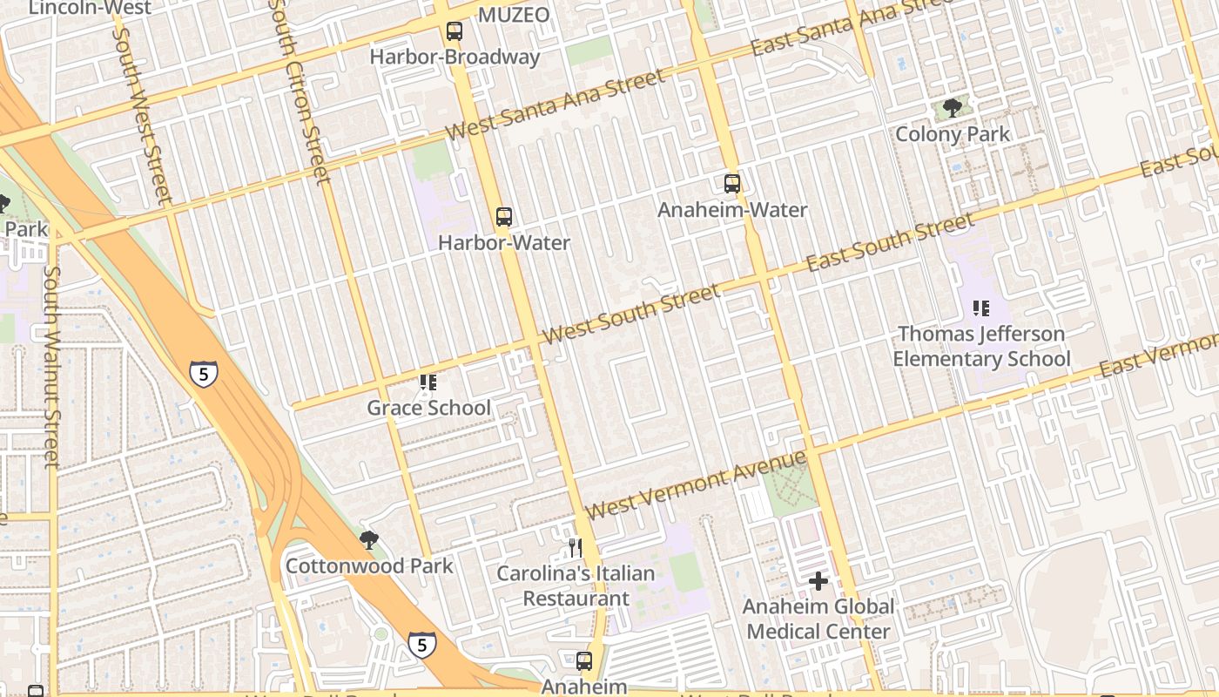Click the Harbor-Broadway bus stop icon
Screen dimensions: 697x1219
tap(455, 32)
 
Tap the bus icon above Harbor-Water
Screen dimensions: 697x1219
tap(503, 217)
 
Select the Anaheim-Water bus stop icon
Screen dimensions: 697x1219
tap(732, 184)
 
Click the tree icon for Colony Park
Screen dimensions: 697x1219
tap(953, 108)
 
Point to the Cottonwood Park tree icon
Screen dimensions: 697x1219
tap(369, 540)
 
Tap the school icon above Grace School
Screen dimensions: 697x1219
tap(428, 382)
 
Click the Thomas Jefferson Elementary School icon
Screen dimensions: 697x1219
tap(981, 308)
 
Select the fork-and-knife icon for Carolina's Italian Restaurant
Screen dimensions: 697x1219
tap(575, 547)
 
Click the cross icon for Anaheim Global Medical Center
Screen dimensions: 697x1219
tap(818, 580)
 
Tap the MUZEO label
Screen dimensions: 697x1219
tap(514, 15)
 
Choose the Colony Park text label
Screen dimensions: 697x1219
tap(953, 134)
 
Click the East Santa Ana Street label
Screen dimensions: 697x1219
tap(840, 28)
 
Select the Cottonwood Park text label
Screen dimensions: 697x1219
tap(369, 566)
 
